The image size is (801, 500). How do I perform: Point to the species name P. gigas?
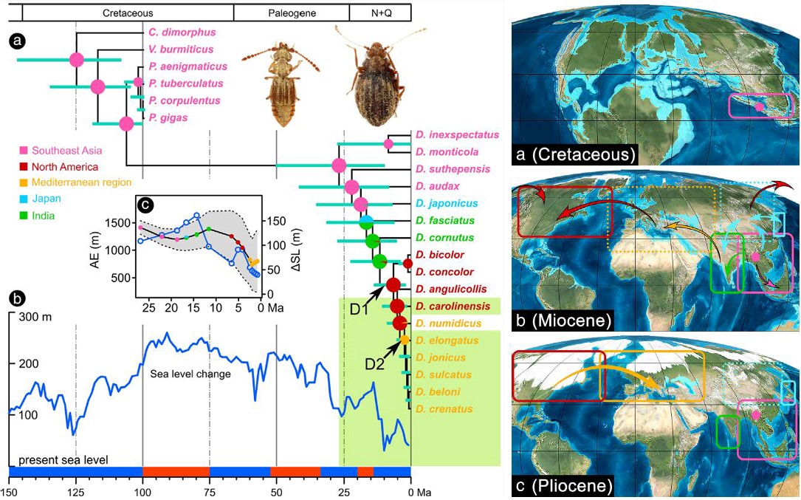pos(168,117)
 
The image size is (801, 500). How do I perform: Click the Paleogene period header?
pos(291,13)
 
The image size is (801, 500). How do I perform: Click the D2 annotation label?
pos(374,363)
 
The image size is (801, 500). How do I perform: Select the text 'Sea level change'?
pos(190,374)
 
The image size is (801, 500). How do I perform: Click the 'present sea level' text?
pos(63,460)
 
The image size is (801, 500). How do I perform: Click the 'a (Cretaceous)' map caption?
pos(576,155)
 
